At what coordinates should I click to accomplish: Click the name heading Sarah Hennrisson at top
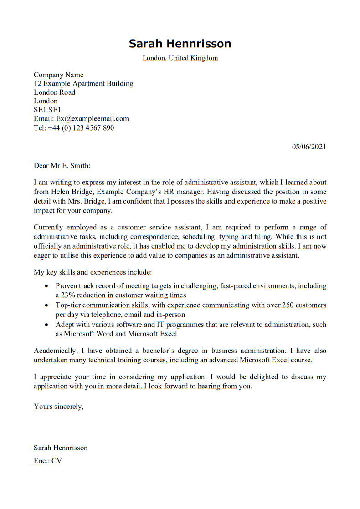[180, 44]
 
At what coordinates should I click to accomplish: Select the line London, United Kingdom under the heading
[180, 58]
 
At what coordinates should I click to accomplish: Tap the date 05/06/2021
[309, 147]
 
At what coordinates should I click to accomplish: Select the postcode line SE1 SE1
[47, 110]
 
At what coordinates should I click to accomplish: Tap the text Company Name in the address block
[58, 75]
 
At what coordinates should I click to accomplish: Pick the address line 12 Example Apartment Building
[83, 84]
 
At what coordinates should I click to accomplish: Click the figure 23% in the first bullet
[68, 295]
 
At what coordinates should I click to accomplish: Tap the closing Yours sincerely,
[58, 406]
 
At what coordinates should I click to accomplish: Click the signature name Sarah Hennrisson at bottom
[61, 448]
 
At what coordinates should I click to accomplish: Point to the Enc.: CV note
[48, 461]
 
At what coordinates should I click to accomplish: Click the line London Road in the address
[54, 92]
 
